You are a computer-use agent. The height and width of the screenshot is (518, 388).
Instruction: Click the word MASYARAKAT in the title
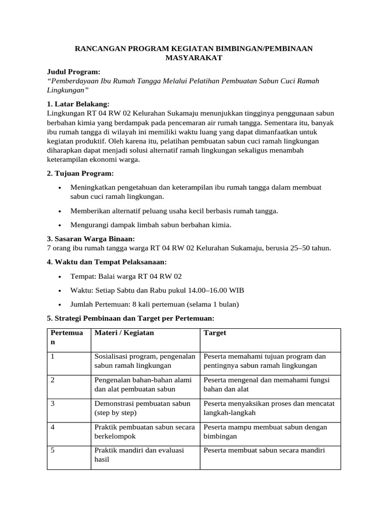click(194, 58)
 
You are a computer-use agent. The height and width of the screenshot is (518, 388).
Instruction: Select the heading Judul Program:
click(74, 72)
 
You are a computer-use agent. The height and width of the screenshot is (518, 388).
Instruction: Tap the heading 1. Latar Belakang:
click(78, 104)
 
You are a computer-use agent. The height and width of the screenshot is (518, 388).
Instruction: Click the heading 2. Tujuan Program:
click(80, 174)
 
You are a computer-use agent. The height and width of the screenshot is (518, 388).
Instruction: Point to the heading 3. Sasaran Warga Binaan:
click(91, 239)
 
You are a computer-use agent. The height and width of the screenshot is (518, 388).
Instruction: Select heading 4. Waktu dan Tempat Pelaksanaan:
click(107, 262)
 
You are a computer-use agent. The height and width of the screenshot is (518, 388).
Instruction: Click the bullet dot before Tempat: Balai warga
click(60, 277)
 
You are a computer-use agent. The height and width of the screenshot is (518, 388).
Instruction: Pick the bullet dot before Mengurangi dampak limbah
click(60, 225)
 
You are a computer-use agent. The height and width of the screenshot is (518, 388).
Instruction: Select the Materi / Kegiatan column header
click(124, 333)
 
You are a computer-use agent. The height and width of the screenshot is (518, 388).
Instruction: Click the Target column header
click(215, 333)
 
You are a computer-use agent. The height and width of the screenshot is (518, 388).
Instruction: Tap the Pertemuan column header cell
click(68, 337)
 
